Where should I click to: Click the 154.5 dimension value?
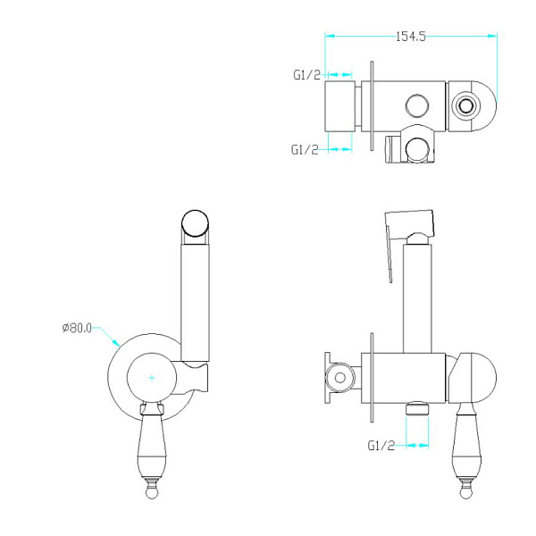coord(410,37)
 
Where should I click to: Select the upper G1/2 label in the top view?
coord(306,76)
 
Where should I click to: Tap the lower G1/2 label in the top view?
coord(305,149)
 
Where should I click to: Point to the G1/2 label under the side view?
coord(381,444)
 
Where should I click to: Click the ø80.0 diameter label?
coord(78,328)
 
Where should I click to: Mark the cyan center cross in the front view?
coord(152,378)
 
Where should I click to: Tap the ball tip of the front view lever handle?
coord(153,490)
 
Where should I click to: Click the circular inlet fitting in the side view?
coord(338,378)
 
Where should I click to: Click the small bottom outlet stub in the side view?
coord(414,410)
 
